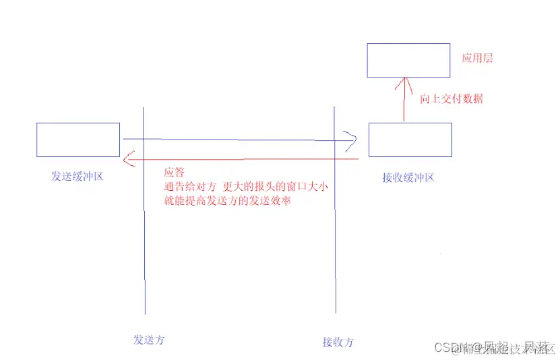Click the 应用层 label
pyautogui.click(x=477, y=59)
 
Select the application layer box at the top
pyautogui.click(x=408, y=60)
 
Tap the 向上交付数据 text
pyautogui.click(x=452, y=99)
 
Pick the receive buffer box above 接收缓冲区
pyautogui.click(x=410, y=140)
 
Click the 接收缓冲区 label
pyautogui.click(x=408, y=178)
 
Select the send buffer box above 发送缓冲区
pyautogui.click(x=78, y=140)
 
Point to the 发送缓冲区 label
pyautogui.click(x=77, y=177)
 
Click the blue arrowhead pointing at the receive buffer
pyautogui.click(x=351, y=140)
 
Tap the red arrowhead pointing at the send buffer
pyautogui.click(x=128, y=160)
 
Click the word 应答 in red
pyautogui.click(x=174, y=172)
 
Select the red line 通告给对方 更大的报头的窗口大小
pyautogui.click(x=245, y=187)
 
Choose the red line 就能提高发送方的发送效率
pyautogui.click(x=227, y=201)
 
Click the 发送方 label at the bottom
pyautogui.click(x=149, y=340)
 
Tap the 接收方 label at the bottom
pyautogui.click(x=338, y=342)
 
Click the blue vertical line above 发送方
pyautogui.click(x=144, y=256)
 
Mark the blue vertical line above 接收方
pyautogui.click(x=335, y=256)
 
